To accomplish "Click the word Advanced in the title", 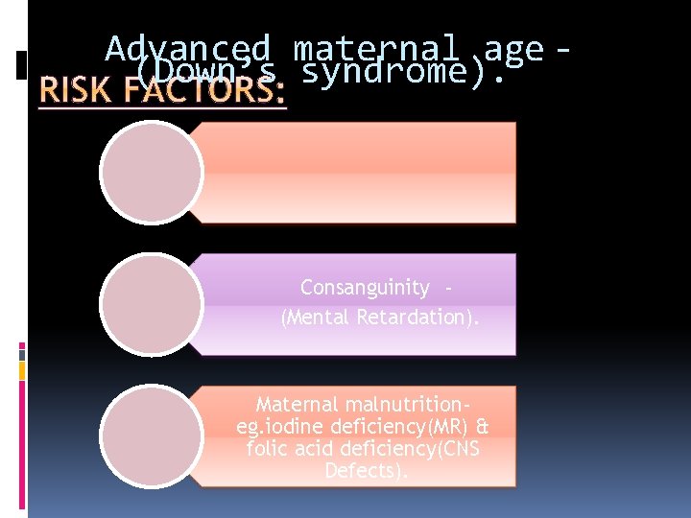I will tap(188, 48).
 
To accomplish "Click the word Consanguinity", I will tap(365, 288).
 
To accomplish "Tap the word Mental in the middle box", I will tap(318, 317).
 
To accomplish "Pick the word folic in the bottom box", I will tap(269, 449).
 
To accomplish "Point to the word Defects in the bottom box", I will tap(365, 471).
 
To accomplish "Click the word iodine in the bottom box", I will tap(292, 427).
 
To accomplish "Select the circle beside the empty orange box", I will tap(152, 174).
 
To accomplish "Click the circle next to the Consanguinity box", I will tap(152, 304).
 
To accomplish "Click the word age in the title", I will tap(514, 48).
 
